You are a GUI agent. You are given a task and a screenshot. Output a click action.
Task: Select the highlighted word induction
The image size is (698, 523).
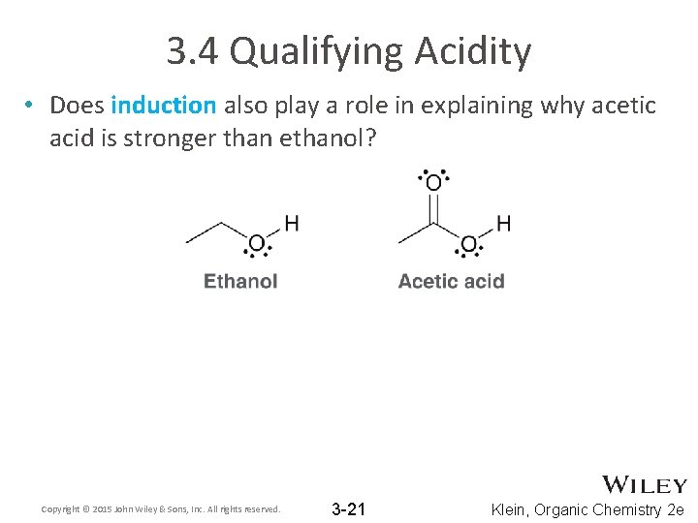pos(163,105)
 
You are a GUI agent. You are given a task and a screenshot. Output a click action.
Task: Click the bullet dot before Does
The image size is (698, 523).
pos(31,105)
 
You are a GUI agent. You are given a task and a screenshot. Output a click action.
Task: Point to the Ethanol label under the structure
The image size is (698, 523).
pos(240,282)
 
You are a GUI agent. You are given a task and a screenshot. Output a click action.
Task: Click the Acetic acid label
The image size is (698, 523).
pos(451,282)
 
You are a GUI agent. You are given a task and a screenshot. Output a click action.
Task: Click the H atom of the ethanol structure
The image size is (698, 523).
pos(291,224)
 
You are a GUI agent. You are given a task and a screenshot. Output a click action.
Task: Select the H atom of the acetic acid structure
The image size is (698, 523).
pos(503,224)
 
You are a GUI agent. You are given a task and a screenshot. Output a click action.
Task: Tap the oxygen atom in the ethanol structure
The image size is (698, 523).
pos(257,242)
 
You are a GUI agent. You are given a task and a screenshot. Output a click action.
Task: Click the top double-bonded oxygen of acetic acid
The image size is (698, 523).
pos(433,182)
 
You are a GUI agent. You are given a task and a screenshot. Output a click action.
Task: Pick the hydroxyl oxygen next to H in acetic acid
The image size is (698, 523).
pos(468,242)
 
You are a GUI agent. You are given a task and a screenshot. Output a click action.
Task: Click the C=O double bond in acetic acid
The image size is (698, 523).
pos(433,207)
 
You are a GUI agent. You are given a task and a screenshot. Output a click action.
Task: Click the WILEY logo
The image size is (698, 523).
pos(645,484)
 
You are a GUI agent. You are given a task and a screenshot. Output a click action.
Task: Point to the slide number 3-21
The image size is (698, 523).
pos(348,509)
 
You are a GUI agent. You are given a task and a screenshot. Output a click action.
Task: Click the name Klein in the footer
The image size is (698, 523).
pos(512,509)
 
